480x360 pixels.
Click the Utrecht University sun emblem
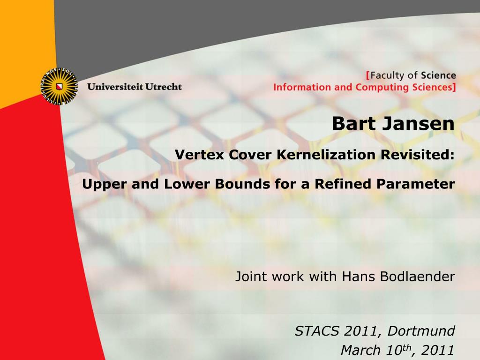[x=60, y=86]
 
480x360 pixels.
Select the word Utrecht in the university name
[x=164, y=87]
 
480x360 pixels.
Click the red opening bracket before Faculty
[x=368, y=75]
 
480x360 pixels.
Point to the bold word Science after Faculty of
[x=438, y=75]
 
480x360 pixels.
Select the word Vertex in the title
[x=200, y=154]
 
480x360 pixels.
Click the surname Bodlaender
[x=418, y=277]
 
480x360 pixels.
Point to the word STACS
[x=317, y=331]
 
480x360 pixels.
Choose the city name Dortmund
[x=421, y=331]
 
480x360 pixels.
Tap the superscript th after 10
[x=406, y=347]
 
